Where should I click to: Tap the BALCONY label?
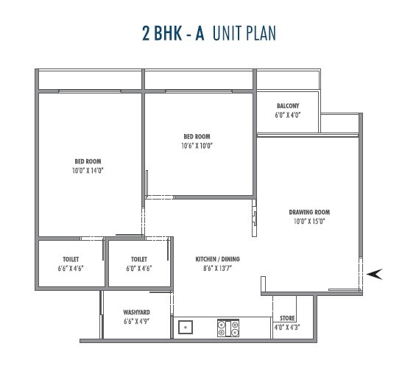(288, 106)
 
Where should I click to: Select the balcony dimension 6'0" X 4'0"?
(288, 116)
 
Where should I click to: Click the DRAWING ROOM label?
(308, 212)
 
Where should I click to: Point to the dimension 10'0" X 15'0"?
(308, 221)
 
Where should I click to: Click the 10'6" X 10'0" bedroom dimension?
(197, 146)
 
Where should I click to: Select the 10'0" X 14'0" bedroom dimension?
(88, 171)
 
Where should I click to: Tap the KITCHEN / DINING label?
(217, 259)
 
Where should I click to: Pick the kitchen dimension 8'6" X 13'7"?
(217, 269)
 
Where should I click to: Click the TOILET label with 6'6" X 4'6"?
(71, 259)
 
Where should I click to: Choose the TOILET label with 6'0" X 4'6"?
(139, 259)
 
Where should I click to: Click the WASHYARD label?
(137, 312)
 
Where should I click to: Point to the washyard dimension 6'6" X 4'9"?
(137, 322)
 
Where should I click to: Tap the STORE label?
(288, 319)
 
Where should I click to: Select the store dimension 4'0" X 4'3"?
(288, 327)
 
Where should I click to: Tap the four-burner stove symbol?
(228, 328)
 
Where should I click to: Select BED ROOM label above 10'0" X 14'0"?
(88, 161)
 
